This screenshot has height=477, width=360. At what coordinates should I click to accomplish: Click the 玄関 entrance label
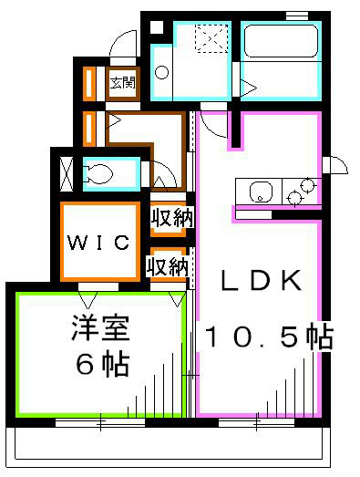122,82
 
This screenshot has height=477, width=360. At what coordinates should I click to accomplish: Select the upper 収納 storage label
170,218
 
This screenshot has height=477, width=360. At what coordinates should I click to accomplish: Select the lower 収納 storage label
168,266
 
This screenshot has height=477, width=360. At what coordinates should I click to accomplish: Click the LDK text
262,282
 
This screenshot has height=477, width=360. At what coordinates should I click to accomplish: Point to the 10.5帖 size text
267,337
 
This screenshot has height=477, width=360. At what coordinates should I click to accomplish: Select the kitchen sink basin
259,192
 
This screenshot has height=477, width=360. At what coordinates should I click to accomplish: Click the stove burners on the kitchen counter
300,192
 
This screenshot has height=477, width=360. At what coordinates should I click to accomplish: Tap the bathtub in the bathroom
281,54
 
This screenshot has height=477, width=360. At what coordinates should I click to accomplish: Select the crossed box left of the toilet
67,172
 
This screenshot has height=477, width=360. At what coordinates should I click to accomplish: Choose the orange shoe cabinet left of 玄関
90,83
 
